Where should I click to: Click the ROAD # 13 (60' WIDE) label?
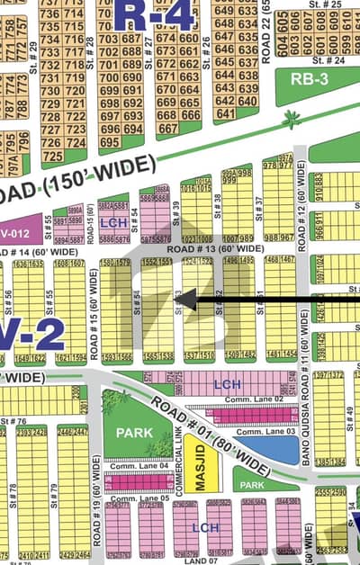tap(215, 248)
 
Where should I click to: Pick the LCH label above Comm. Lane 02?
tap(227, 384)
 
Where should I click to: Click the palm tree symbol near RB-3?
tap(291, 119)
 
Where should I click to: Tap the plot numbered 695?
tap(109, 142)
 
